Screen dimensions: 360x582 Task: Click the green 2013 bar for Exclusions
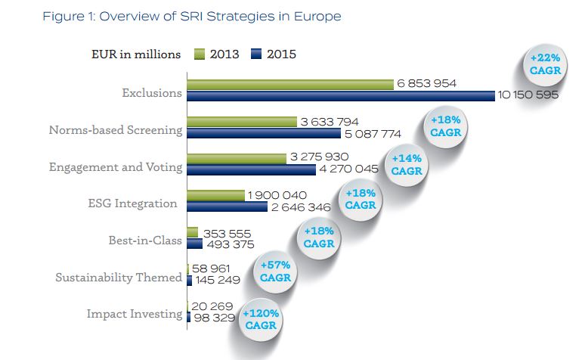pos(289,84)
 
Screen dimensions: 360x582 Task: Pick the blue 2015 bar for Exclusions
pos(340,95)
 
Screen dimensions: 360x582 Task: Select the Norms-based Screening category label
pos(116,129)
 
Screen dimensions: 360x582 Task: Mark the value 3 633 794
pos(330,122)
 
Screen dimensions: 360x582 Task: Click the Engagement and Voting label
pos(116,166)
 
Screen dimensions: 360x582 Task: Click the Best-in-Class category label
pos(145,241)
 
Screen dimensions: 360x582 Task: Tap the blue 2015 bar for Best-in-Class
pos(194,244)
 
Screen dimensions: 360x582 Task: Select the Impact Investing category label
pos(135,314)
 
